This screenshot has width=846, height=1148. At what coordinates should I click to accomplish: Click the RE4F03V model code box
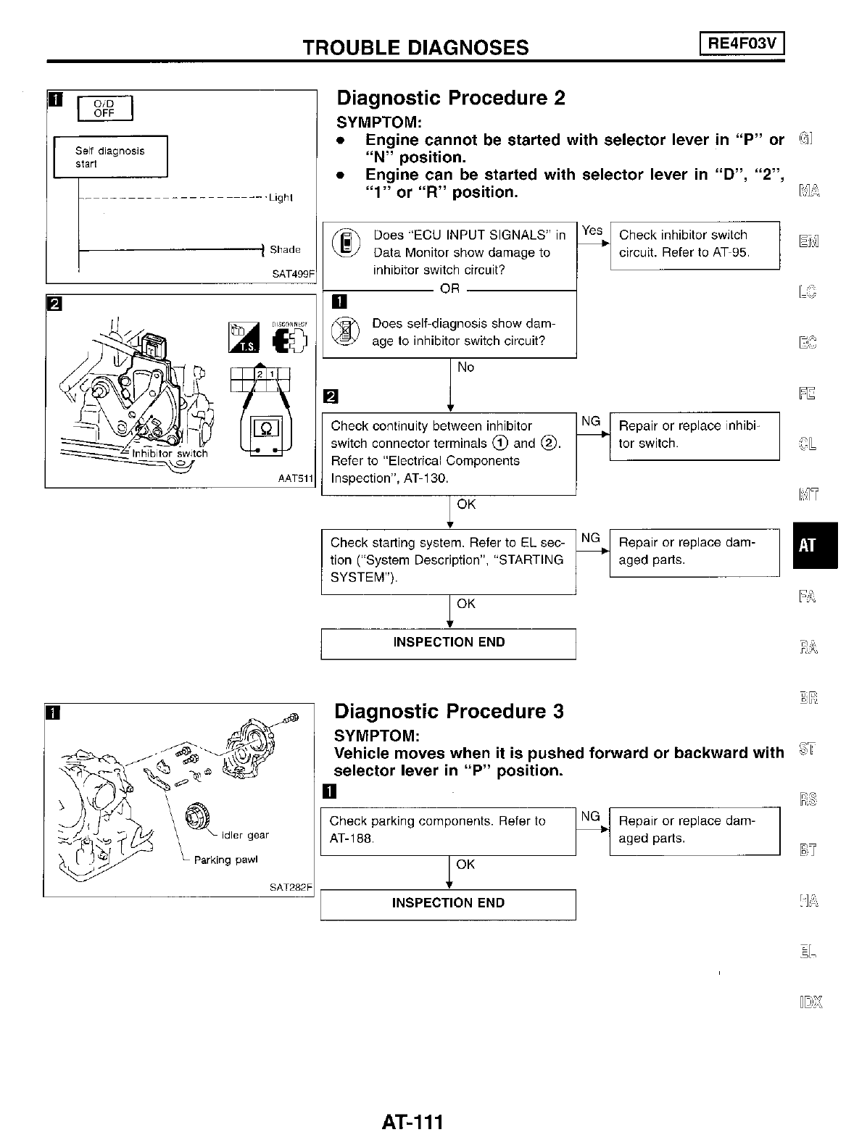pos(742,45)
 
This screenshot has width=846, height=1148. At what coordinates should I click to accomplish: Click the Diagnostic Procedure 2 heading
pos(451,98)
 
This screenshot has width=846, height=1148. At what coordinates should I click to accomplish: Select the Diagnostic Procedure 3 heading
pos(449,711)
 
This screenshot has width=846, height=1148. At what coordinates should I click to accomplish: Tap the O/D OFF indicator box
pos(105,108)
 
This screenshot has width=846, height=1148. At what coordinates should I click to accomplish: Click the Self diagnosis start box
pos(110,157)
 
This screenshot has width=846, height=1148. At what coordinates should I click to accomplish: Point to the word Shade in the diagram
pos(285,250)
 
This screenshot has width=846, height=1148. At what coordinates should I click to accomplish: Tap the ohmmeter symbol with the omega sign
pos(266,428)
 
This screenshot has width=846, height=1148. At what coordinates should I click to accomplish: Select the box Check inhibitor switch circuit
pos(694,244)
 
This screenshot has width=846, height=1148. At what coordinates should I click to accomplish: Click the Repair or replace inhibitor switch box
pos(694,436)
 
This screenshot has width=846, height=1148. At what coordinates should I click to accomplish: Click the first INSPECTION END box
pos(448,643)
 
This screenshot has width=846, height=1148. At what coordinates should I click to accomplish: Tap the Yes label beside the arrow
pos(592,230)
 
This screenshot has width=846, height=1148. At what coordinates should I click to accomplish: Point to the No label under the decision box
pos(465,367)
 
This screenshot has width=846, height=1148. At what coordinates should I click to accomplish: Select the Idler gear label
pos(245,835)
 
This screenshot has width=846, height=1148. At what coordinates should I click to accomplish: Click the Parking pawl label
pos(225,860)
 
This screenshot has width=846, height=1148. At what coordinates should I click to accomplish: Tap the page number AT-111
pos(412,1122)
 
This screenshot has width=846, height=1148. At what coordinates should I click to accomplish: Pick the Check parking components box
pos(447,830)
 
